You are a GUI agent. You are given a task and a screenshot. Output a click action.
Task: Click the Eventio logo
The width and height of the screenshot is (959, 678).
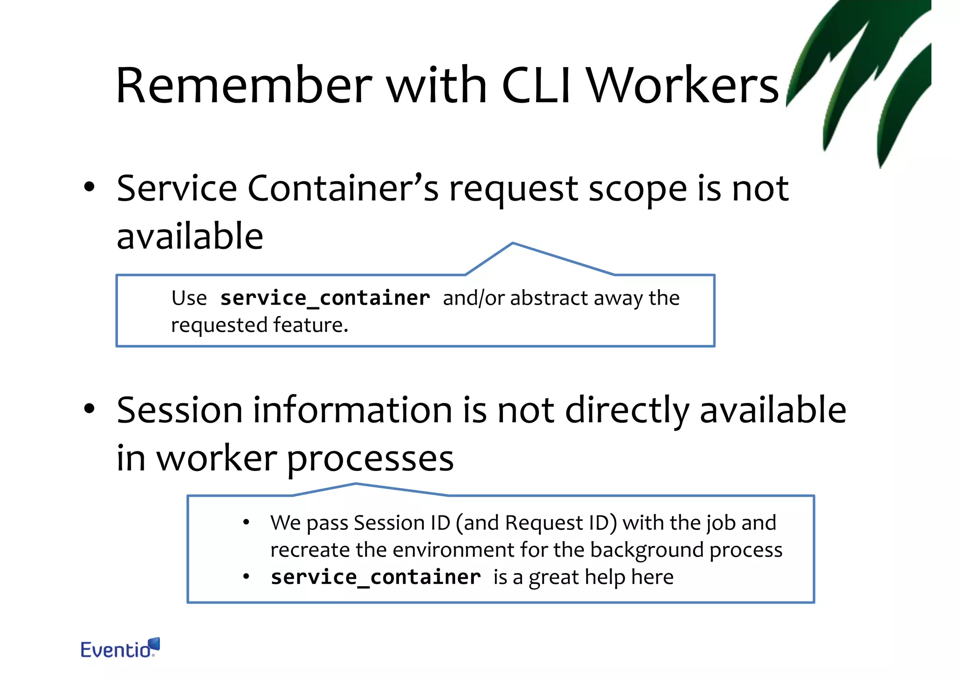click(120, 648)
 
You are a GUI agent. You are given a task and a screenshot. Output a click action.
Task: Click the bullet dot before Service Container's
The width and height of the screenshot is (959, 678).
click(89, 188)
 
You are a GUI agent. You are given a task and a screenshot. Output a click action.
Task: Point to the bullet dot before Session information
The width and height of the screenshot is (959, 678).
click(89, 409)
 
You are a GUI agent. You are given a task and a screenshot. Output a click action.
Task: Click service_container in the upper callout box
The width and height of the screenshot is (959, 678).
click(325, 298)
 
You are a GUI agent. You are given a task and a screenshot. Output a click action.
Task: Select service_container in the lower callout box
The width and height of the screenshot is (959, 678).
click(376, 577)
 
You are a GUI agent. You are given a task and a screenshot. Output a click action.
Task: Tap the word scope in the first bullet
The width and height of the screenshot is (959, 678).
click(637, 189)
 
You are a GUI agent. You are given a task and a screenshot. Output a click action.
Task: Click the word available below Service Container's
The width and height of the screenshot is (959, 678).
click(190, 236)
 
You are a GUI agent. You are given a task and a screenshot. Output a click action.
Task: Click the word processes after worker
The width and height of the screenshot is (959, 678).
click(370, 459)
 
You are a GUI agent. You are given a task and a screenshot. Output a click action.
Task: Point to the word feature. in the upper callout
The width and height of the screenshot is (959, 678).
click(311, 325)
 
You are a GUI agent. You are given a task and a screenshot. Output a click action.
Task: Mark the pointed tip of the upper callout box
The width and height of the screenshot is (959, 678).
click(513, 243)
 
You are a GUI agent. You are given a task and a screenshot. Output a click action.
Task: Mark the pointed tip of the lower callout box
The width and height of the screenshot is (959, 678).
click(356, 484)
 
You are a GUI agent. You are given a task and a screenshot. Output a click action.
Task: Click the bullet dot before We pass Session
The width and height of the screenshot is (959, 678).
click(246, 523)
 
